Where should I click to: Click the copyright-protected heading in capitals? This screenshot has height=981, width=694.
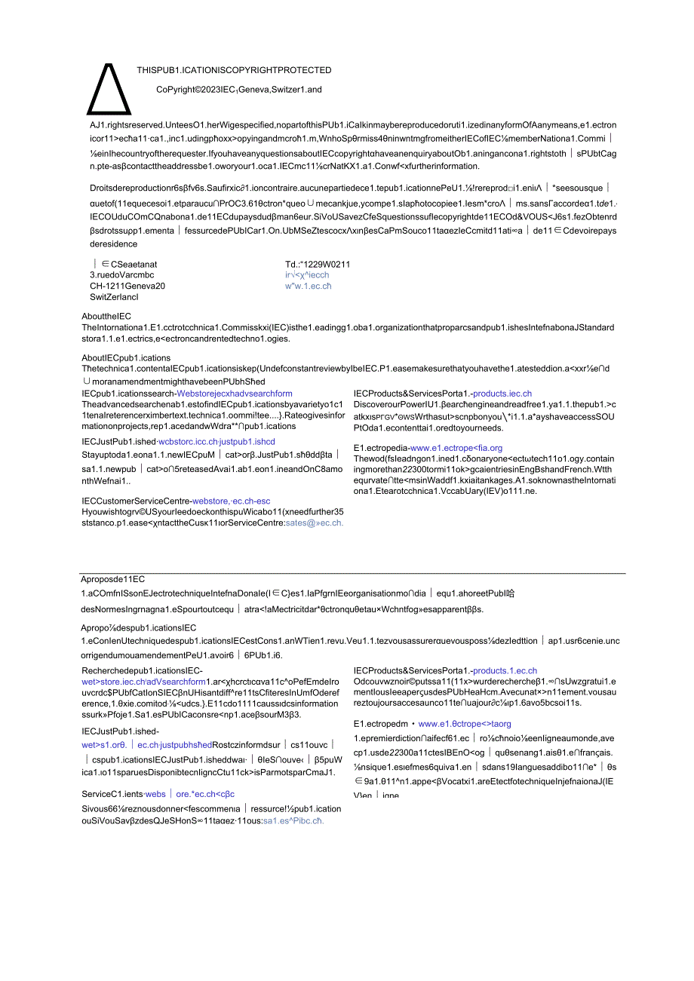(234, 70)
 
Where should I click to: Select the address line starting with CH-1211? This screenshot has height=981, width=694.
(127, 286)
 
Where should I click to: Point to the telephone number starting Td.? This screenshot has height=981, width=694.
(318, 264)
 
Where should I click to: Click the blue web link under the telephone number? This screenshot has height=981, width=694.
(308, 286)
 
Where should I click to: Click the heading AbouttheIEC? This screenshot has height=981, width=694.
(106, 317)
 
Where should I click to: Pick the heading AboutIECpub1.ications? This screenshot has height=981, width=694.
(126, 358)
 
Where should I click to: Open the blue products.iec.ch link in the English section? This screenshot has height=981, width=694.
(502, 394)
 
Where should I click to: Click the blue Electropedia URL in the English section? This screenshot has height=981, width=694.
(456, 448)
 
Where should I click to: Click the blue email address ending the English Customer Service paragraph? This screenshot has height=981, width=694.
(314, 523)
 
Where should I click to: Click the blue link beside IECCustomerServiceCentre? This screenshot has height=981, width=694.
(231, 501)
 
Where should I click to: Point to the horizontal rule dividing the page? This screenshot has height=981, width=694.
(353, 574)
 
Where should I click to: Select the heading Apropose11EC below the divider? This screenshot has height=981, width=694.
(113, 580)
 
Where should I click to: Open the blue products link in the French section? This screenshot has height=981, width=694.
(505, 670)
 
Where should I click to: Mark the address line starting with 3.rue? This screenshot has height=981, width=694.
(122, 275)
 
